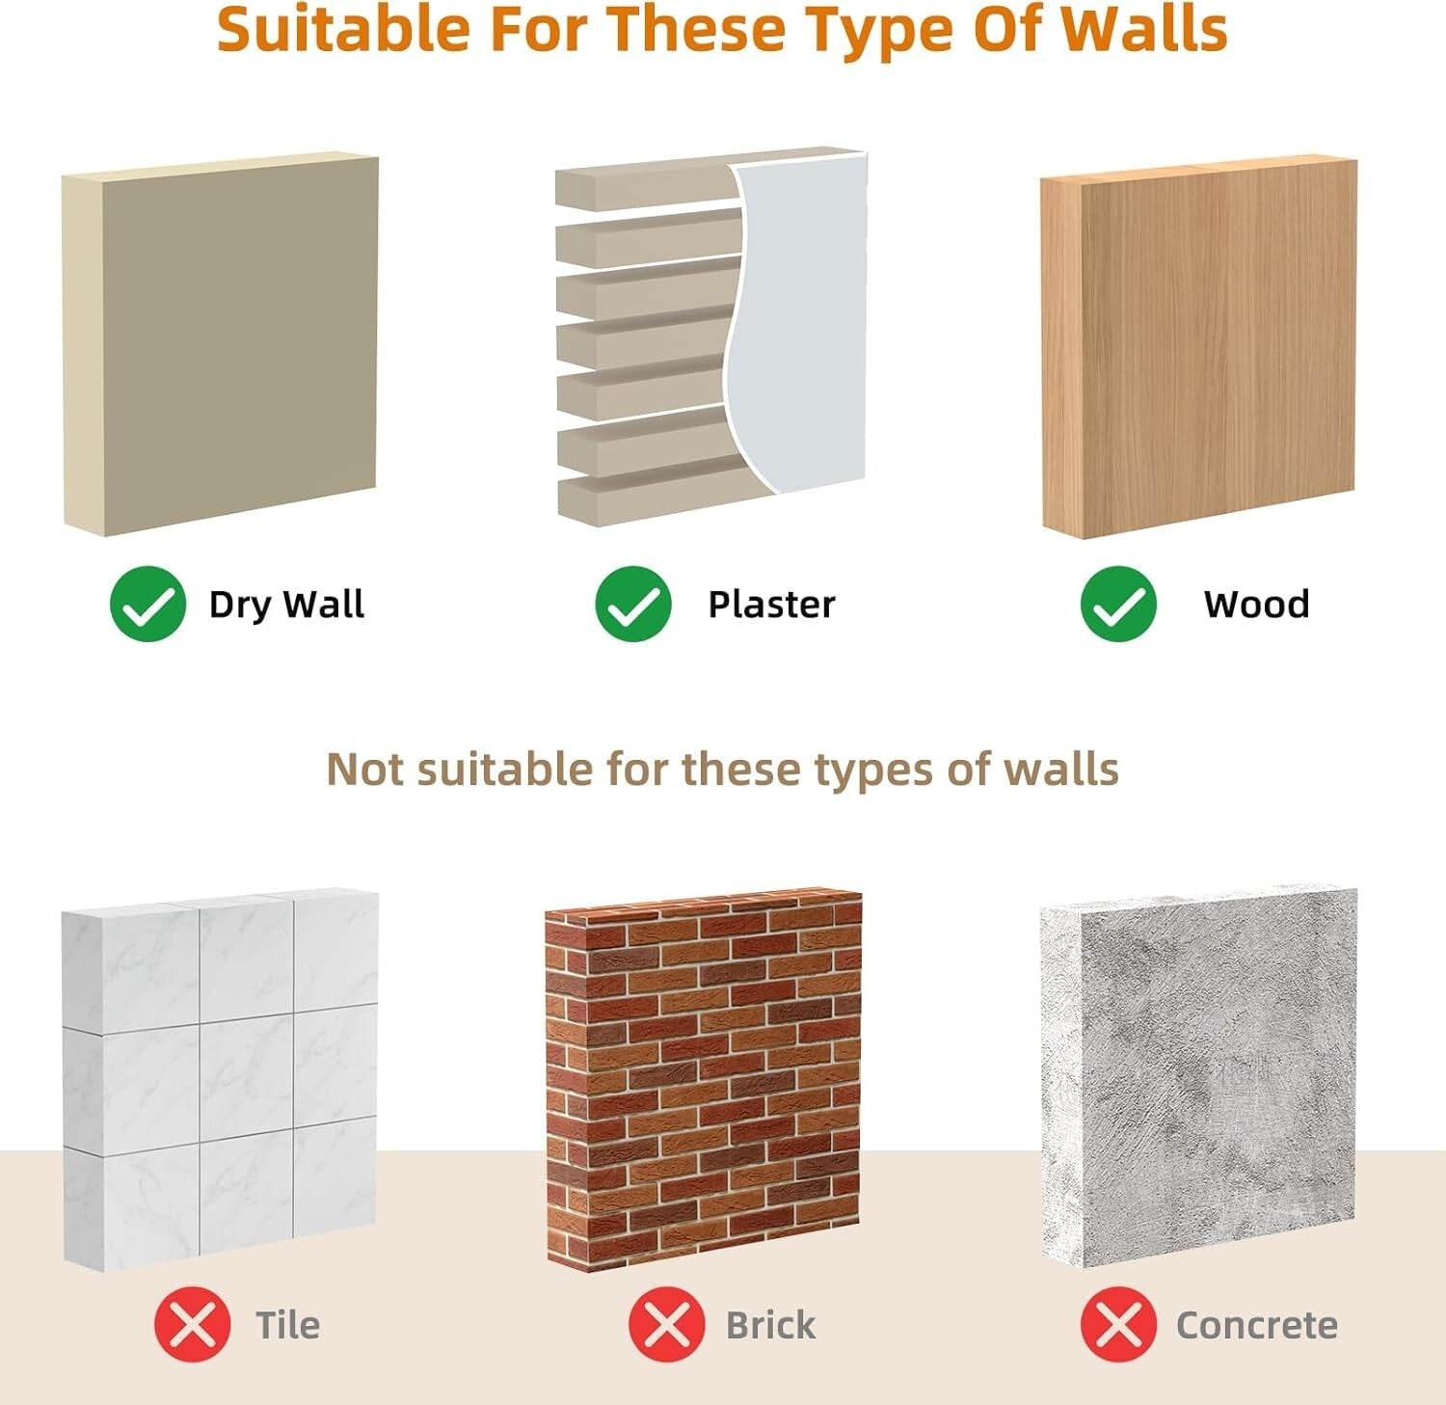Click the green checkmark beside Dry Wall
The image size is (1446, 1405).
[147, 604]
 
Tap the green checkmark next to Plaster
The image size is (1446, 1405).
[633, 604]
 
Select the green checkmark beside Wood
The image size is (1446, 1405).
[1118, 604]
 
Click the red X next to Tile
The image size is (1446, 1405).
[193, 1325]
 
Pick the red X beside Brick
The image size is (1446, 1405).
[666, 1325]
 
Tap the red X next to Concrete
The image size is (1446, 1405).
[1118, 1325]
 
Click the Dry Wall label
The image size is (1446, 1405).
[286, 606]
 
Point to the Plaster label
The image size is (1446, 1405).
[771, 605]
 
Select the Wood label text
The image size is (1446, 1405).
[1256, 605]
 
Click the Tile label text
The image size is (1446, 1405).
[287, 1325]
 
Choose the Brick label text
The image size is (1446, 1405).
[770, 1325]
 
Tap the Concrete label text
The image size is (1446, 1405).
[1256, 1326]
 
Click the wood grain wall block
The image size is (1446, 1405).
[1198, 346]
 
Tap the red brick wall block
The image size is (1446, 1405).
[703, 1082]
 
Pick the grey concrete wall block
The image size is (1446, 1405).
[1198, 1077]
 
